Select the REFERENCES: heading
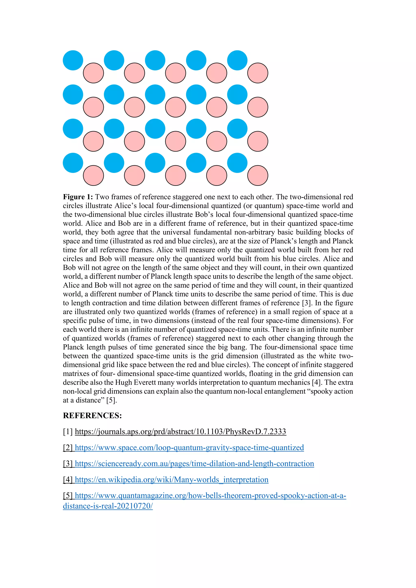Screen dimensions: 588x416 tap(92, 415)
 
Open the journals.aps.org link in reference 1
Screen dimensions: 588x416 tap(180, 431)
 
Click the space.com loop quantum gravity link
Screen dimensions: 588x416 tap(189, 447)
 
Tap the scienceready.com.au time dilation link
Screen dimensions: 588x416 tap(194, 464)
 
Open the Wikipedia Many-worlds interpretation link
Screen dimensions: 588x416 tap(172, 479)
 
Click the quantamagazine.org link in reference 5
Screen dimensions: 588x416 tap(210, 496)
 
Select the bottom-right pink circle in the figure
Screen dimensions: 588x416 tap(258, 175)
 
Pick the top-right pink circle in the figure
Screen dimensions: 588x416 tap(258, 73)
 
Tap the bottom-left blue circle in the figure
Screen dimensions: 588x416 tap(73, 163)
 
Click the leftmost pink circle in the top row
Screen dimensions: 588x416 tap(93, 73)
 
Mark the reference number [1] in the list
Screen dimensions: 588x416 tap(68, 431)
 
